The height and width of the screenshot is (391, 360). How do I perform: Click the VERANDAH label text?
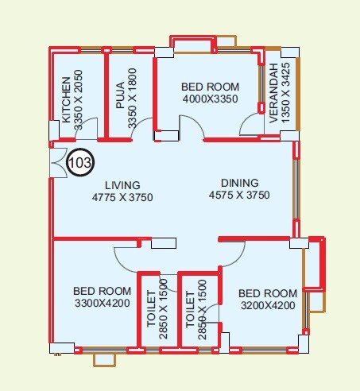pyautogui.click(x=273, y=92)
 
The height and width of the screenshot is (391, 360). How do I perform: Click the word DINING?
pyautogui.click(x=240, y=181)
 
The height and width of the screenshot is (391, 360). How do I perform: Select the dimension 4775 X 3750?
pyautogui.click(x=122, y=197)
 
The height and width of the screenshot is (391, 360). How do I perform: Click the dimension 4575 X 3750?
pyautogui.click(x=240, y=195)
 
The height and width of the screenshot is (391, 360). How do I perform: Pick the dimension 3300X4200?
pyautogui.click(x=101, y=304)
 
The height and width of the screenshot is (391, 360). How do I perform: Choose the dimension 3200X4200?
pyautogui.click(x=267, y=305)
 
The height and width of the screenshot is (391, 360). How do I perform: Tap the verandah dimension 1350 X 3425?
pyautogui.click(x=285, y=92)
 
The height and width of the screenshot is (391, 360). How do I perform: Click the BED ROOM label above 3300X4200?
pyautogui.click(x=102, y=291)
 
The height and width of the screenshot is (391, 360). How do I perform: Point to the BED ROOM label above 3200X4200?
pyautogui.click(x=267, y=292)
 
